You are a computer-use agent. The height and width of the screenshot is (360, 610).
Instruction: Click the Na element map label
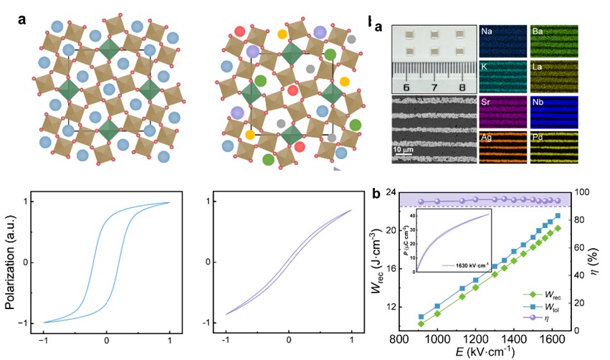(x=487, y=32)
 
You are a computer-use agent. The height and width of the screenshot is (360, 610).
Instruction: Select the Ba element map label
(x=538, y=32)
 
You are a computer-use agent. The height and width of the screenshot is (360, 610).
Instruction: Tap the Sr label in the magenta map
(x=487, y=102)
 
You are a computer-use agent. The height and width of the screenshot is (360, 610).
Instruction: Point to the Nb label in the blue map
(x=538, y=102)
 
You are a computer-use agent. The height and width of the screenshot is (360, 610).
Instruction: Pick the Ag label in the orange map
(x=487, y=137)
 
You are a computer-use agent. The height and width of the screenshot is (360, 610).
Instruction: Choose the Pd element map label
(x=538, y=137)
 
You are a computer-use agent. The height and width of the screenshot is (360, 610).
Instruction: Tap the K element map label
(x=485, y=67)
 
